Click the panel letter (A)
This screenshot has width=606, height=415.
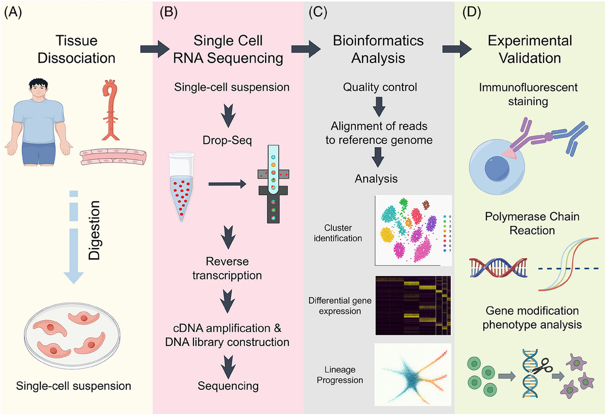click(13, 13)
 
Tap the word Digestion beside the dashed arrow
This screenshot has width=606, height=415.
click(94, 230)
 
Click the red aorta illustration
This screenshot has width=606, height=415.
click(111, 110)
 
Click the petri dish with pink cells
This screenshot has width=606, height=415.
click(72, 335)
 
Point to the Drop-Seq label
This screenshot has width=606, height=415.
click(227, 140)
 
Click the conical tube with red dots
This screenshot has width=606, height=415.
click(181, 187)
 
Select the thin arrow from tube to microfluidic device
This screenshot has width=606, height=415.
click(227, 184)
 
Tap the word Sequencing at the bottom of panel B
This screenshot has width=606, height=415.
click(228, 386)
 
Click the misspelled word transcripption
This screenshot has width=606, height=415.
click(227, 276)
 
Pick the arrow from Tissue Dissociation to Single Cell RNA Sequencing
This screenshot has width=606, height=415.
click(155, 49)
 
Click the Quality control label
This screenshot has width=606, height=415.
click(380, 87)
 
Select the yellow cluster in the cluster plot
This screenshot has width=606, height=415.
click(387, 234)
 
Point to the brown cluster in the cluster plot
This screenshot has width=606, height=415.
click(426, 205)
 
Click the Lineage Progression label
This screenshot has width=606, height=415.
click(340, 375)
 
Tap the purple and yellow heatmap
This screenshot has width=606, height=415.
click(413, 305)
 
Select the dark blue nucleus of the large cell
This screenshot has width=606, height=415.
click(497, 169)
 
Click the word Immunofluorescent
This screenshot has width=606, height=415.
click(528, 87)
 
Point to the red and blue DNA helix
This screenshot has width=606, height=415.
click(498, 268)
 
